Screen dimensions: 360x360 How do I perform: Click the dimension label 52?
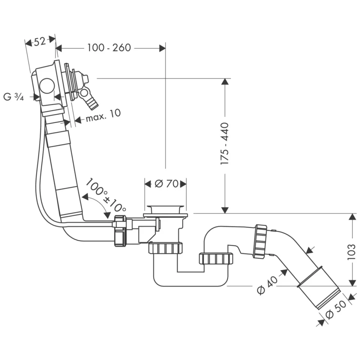click(40, 42)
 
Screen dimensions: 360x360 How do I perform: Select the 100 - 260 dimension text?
click(109, 48)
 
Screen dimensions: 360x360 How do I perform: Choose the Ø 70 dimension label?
click(165, 184)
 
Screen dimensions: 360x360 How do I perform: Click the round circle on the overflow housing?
click(48, 86)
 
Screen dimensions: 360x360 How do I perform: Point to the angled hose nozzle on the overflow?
click(92, 102)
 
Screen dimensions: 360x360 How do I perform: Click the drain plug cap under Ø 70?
click(165, 208)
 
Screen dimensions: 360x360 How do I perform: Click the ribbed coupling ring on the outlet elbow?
click(260, 241)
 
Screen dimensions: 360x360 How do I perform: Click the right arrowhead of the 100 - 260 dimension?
click(162, 48)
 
